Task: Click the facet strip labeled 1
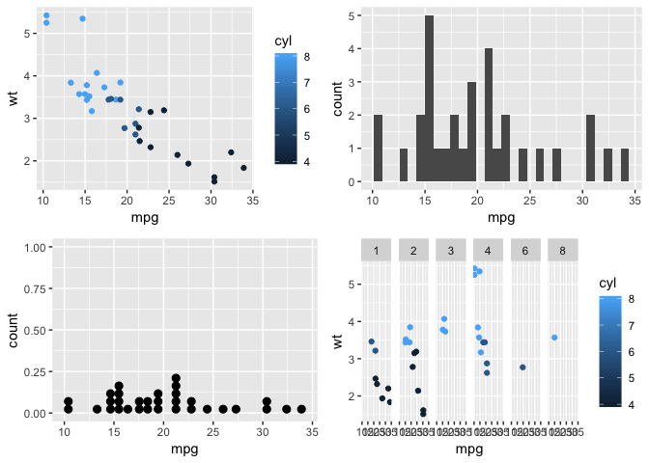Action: [376, 250]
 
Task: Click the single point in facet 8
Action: [554, 338]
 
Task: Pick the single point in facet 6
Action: [522, 368]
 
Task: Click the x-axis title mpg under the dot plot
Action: [183, 449]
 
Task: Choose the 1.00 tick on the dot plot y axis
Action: [36, 248]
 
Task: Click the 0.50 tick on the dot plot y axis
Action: [36, 331]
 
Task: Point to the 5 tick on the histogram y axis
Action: [355, 16]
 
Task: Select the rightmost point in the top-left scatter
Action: [243, 168]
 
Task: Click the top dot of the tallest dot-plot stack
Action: [176, 378]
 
